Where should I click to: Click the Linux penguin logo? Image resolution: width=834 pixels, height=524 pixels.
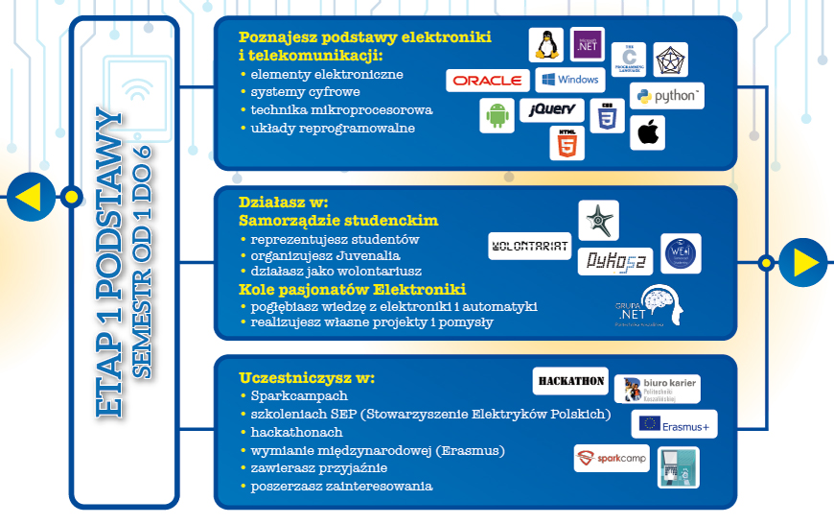(x=547, y=45)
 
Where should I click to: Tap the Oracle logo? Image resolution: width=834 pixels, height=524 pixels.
(x=488, y=81)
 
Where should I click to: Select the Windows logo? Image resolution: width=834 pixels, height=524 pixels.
(x=568, y=80)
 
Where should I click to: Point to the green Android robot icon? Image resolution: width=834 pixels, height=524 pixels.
(x=496, y=116)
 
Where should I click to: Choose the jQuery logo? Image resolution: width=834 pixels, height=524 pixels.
(x=552, y=109)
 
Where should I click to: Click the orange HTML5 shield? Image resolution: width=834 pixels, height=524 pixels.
(x=567, y=143)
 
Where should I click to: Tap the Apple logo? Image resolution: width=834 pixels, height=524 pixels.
(x=647, y=132)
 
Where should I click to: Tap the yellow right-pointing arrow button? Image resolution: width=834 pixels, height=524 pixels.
(x=803, y=262)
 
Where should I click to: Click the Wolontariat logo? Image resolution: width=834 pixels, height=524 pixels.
(x=530, y=247)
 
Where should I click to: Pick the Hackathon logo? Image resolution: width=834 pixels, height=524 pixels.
(x=571, y=381)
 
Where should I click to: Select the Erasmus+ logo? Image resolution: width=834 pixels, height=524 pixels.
(x=674, y=424)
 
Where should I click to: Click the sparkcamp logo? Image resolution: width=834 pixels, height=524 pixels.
(x=612, y=459)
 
